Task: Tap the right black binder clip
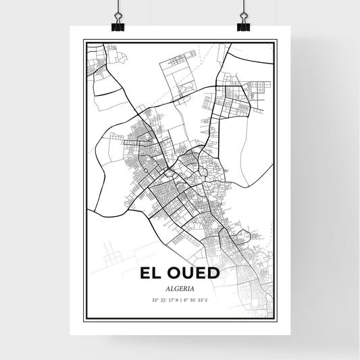click(x=242, y=26)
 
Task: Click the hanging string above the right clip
click(x=242, y=6)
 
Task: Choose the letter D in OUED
click(x=212, y=274)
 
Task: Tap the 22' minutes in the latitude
click(x=163, y=300)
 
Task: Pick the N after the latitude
click(x=177, y=300)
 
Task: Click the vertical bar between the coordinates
click(x=180, y=300)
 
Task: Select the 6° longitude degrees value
click(x=185, y=300)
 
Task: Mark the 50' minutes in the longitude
click(x=192, y=300)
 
